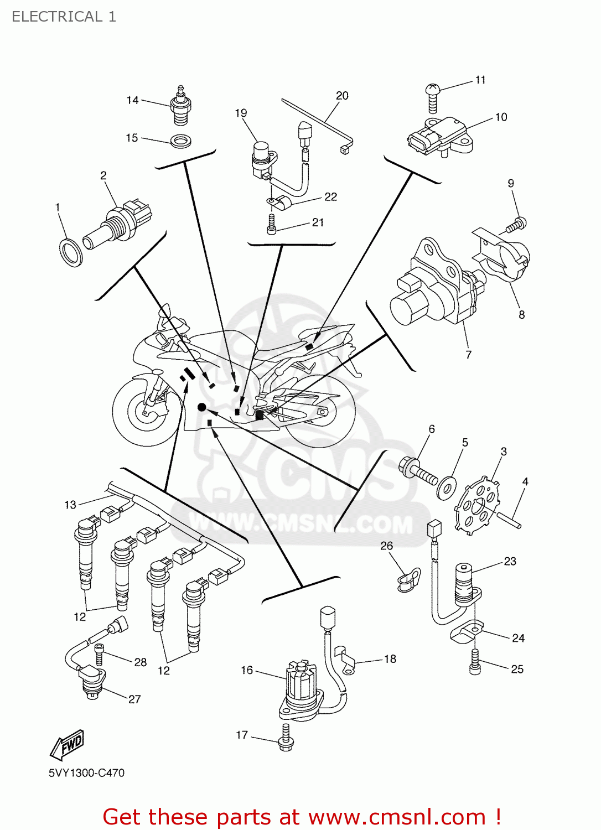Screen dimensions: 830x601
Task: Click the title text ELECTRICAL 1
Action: tap(64, 17)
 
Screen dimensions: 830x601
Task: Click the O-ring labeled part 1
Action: tap(70, 252)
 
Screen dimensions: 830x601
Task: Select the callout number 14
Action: tap(132, 100)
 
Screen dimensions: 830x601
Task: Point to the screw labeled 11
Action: tap(433, 97)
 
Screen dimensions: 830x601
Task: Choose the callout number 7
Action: tap(469, 355)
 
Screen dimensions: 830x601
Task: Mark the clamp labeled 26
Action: tap(408, 580)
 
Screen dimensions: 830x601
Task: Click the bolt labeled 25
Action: tap(475, 662)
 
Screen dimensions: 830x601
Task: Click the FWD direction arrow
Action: tap(68, 744)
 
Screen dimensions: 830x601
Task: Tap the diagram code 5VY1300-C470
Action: tap(86, 773)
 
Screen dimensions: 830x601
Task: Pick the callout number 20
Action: tap(342, 96)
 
